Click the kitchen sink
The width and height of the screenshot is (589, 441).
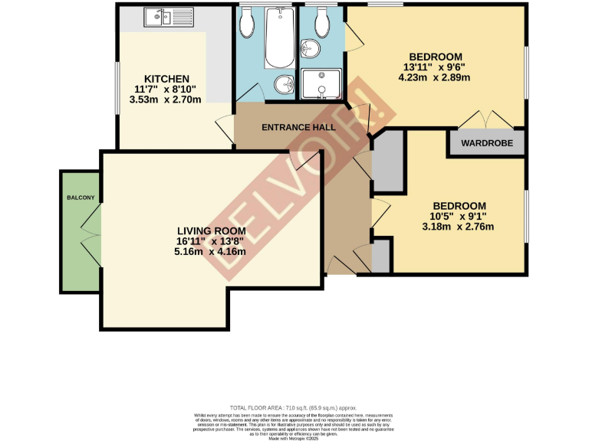click(163, 16)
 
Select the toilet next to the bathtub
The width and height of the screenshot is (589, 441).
click(247, 24)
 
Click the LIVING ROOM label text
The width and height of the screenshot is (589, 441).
click(211, 230)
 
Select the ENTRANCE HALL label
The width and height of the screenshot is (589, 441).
click(298, 127)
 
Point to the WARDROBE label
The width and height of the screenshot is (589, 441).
click(486, 143)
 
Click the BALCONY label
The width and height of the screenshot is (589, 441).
click(81, 198)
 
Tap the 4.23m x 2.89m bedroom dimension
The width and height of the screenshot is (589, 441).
click(435, 78)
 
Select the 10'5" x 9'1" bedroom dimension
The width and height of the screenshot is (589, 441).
click(459, 216)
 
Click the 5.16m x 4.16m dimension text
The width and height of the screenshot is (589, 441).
click(211, 251)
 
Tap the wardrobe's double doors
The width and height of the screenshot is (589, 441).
click(486, 120)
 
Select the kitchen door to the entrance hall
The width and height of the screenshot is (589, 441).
click(225, 127)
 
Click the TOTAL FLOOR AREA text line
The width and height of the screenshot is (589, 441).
click(294, 408)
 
